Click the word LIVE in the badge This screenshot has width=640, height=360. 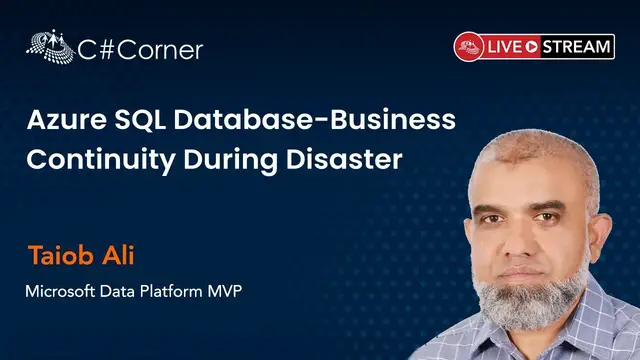click(506, 46)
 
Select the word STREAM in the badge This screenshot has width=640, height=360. click(578, 46)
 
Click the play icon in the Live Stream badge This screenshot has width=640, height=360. click(533, 46)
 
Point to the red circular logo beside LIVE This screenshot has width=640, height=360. click(469, 46)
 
